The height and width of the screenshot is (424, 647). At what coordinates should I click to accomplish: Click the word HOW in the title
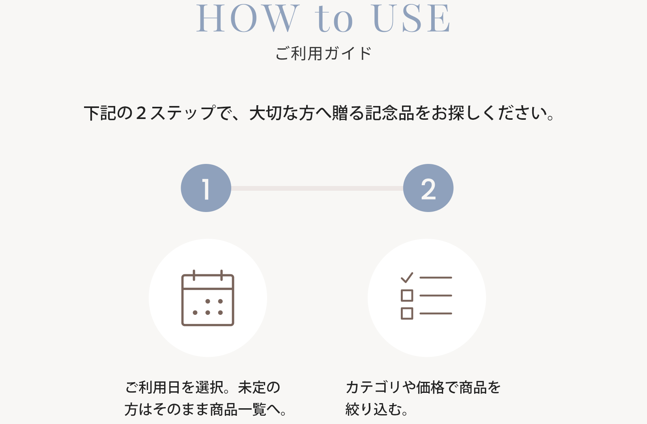[x=247, y=18]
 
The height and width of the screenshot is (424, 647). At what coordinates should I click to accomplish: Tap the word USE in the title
[x=411, y=18]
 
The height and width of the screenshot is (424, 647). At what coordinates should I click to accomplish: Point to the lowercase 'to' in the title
[x=334, y=19]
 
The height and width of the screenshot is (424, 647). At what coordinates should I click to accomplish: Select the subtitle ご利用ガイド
[x=323, y=53]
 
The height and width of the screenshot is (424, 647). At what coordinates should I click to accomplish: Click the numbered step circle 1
[x=206, y=188]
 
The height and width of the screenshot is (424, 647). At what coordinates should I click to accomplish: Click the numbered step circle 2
[x=428, y=188]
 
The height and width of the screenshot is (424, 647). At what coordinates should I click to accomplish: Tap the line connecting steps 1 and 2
[x=317, y=188]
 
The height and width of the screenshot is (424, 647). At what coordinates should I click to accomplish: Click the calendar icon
[x=208, y=298]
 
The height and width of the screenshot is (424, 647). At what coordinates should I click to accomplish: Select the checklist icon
[x=426, y=296]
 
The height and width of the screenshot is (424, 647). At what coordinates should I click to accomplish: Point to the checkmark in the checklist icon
[x=407, y=277]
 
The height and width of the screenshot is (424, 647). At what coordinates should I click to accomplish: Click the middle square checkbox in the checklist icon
[x=407, y=296]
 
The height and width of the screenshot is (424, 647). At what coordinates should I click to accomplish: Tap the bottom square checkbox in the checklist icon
[x=407, y=314]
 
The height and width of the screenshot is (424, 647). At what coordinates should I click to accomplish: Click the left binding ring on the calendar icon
[x=194, y=275]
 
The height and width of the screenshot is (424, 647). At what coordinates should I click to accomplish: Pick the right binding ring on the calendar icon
[x=222, y=275]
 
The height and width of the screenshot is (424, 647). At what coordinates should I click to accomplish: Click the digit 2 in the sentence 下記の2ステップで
[x=141, y=113]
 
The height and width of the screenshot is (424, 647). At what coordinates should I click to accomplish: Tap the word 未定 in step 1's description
[x=252, y=387]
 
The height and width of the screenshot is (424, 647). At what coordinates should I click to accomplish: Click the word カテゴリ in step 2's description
[x=374, y=387]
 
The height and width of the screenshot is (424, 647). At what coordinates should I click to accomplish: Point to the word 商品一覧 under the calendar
[x=238, y=409]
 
